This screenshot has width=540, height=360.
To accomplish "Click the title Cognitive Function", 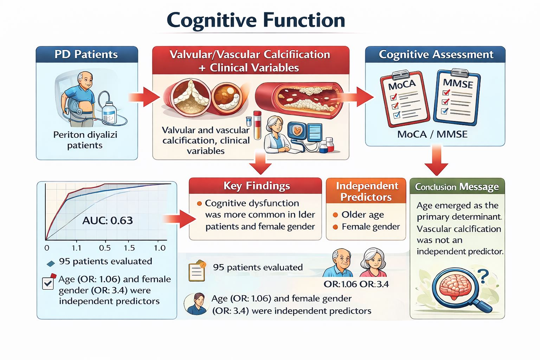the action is [x=256, y=20].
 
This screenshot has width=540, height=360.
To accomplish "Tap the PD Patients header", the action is [x=86, y=54].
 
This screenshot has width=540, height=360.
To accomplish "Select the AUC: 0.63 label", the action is [x=108, y=220].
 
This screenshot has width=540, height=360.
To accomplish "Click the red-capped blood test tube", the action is [x=257, y=125].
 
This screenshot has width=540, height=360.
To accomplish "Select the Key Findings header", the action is [x=257, y=186].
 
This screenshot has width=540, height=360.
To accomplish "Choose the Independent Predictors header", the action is [x=367, y=191].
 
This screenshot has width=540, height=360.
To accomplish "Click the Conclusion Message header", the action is [x=457, y=187].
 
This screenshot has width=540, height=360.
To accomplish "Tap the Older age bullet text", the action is [x=362, y=214].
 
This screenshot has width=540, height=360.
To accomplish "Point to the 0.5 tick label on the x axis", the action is [x=105, y=248].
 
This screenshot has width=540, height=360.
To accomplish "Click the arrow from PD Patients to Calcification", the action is [x=144, y=97].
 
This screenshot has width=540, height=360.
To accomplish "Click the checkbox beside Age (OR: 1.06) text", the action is [x=48, y=283].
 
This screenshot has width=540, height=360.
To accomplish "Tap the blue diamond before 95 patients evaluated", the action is [x=51, y=264].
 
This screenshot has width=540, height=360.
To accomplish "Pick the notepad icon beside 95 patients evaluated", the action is [x=197, y=271].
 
